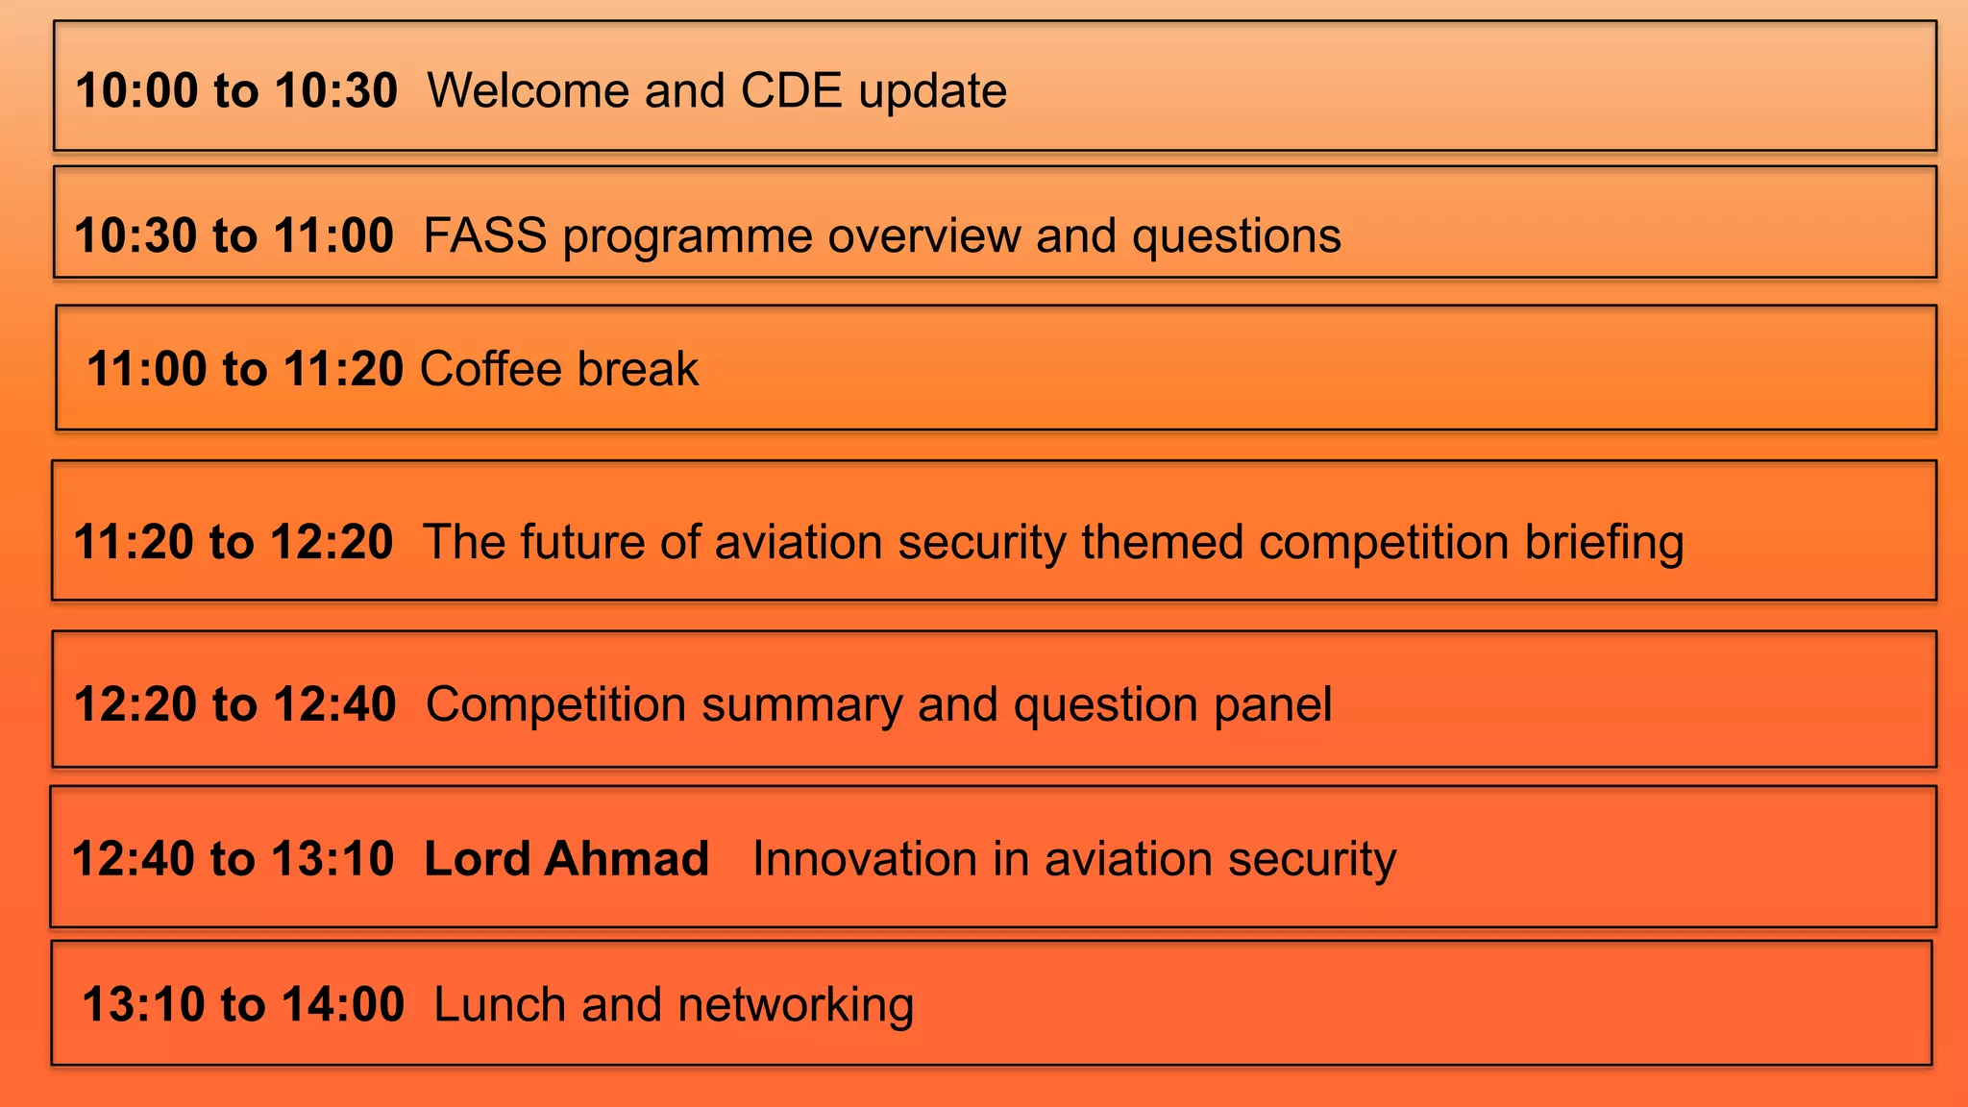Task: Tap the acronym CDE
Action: [791, 91]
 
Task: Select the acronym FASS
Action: [484, 236]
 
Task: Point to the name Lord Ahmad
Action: [566, 858]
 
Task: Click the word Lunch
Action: [500, 1005]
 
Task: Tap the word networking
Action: [796, 1005]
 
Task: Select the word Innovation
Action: [864, 858]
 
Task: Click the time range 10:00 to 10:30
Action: [236, 91]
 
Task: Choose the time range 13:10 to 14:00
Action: [243, 1005]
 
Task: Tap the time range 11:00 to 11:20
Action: [245, 369]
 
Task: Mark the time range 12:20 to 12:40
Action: [235, 704]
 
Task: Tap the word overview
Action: [923, 236]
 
